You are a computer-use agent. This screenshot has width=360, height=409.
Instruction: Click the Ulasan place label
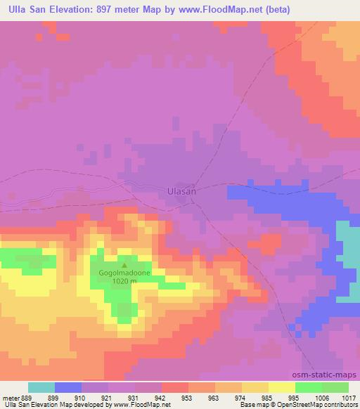(x=181, y=190)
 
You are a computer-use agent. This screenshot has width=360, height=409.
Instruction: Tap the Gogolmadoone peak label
(x=125, y=271)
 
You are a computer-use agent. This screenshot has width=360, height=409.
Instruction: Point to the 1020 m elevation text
(x=125, y=280)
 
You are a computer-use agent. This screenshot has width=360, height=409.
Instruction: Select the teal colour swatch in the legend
(x=41, y=387)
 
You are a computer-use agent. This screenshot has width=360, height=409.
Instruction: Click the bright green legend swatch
(x=308, y=387)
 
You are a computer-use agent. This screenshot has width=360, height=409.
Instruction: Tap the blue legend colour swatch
(x=68, y=387)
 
